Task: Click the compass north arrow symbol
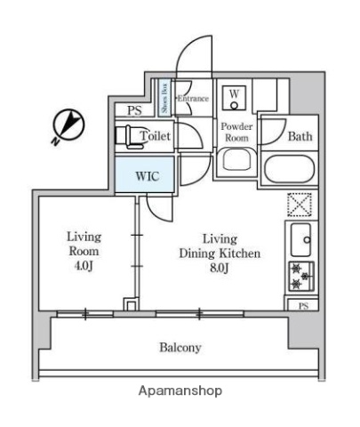point(68,125)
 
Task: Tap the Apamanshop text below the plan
point(180,391)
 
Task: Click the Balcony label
point(180,347)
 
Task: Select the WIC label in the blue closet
point(147,174)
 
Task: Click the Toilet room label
point(156,136)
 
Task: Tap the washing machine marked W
point(235,94)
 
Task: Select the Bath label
point(299,136)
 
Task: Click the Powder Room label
point(236,132)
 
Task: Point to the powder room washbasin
point(236,161)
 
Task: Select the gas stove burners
point(299,276)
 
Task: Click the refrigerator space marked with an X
point(299,204)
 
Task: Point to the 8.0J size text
point(218,268)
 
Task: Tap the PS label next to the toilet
point(134,111)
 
